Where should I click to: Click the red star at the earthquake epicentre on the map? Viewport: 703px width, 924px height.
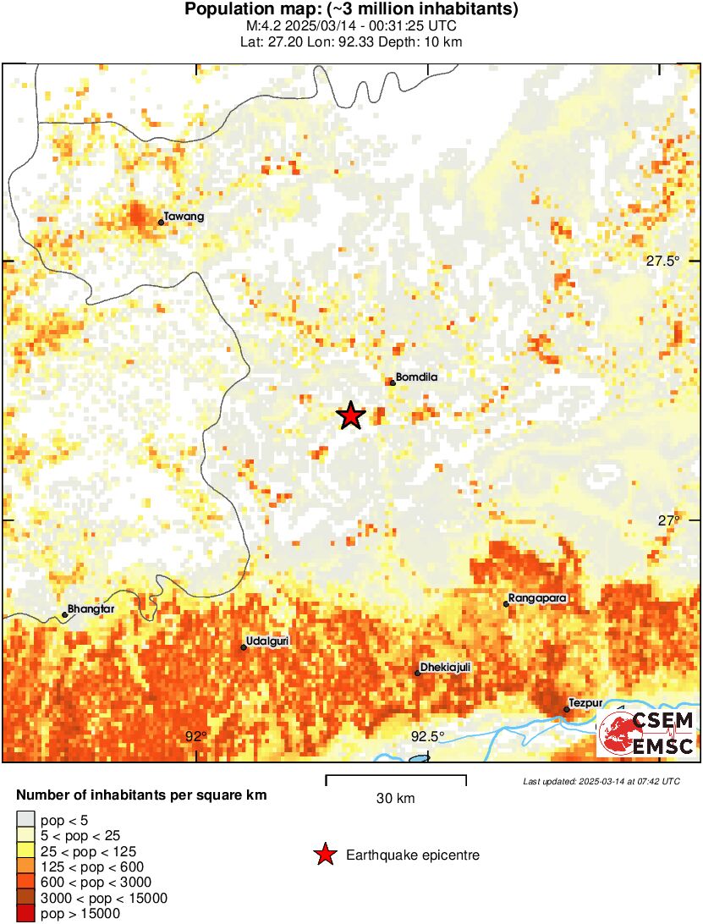click(350, 415)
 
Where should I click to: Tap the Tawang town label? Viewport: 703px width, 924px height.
click(184, 217)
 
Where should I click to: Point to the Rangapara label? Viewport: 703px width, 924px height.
click(538, 598)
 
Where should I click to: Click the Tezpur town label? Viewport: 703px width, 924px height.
click(585, 703)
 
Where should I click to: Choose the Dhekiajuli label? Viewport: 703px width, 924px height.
click(445, 668)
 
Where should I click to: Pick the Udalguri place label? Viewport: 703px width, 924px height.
click(267, 641)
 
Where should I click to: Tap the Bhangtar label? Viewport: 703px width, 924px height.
click(91, 609)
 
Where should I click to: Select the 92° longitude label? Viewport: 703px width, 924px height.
click(196, 736)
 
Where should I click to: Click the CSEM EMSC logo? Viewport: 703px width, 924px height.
click(646, 733)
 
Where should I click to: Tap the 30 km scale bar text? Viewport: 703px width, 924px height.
click(396, 798)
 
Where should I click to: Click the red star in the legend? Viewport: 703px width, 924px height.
click(325, 855)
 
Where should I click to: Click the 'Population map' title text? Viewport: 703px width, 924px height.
click(351, 10)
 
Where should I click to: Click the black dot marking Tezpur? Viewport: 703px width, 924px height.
click(566, 710)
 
